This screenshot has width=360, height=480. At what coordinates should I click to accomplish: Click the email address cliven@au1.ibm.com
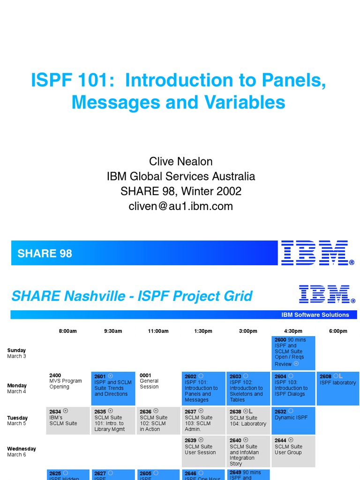coord(180,206)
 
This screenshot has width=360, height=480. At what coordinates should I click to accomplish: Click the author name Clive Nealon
coord(180,162)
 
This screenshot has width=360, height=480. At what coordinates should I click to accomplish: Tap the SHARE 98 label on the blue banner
coord(45,254)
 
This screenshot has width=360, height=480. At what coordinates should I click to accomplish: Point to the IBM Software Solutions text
coord(315,315)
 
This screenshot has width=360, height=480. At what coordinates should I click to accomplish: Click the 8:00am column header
coord(67,331)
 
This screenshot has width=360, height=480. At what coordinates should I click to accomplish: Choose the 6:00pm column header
coord(338,331)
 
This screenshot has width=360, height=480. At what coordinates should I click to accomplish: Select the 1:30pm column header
coord(203,331)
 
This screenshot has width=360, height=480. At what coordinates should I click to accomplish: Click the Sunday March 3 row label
coord(16,353)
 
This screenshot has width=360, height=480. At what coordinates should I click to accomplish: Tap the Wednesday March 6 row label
coord(22,451)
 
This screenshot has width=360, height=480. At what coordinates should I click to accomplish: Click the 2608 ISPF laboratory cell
coord(338,388)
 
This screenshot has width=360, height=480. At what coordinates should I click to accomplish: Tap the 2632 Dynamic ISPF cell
coord(293,420)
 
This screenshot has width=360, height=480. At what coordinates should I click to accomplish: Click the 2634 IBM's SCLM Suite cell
coord(67,420)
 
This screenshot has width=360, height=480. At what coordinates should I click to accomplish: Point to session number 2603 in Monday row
coord(235,376)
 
